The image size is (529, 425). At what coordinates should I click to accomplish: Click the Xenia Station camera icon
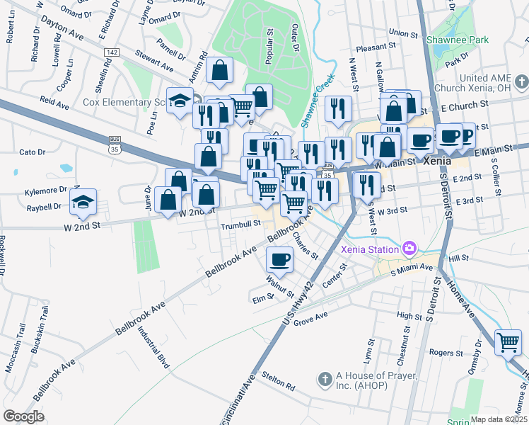(409, 248)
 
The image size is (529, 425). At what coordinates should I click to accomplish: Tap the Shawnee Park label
(462, 40)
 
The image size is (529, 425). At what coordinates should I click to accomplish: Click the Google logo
(23, 416)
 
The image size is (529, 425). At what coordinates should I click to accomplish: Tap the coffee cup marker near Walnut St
(279, 259)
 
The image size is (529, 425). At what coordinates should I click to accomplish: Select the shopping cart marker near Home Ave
(508, 342)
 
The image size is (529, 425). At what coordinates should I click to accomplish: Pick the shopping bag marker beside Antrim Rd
(220, 70)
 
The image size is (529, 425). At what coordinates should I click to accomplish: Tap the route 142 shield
(111, 52)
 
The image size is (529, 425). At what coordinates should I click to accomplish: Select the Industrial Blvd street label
(153, 346)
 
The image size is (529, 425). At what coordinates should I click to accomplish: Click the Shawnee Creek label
(316, 101)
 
